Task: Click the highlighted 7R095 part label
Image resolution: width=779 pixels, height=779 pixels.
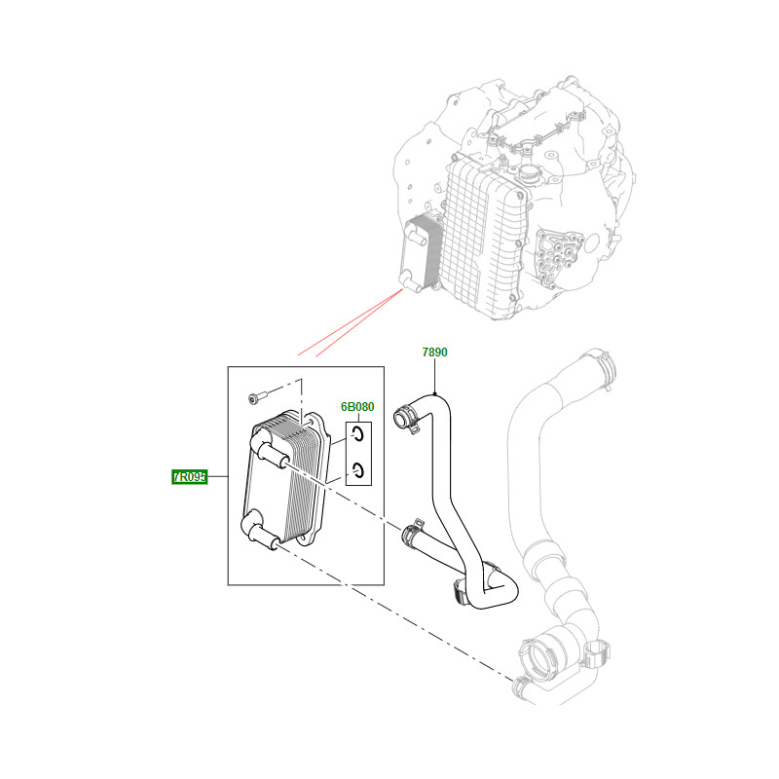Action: point(189,477)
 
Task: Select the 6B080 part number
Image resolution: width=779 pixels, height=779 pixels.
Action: point(357,407)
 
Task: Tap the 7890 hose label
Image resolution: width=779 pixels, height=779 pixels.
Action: point(434,352)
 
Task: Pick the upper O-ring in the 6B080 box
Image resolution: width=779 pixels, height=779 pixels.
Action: point(359,434)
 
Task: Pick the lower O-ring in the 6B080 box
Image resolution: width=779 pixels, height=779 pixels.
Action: point(359,470)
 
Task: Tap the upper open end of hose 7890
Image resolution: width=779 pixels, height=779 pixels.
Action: point(400,419)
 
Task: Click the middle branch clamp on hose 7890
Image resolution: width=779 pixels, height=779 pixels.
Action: point(413,532)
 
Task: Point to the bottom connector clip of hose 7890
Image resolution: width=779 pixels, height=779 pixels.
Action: point(461,591)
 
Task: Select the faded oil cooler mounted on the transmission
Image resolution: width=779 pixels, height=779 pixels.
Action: point(420,253)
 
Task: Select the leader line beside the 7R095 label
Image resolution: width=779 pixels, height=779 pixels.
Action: point(217,477)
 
